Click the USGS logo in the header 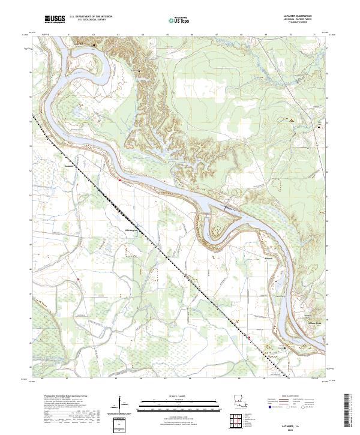[55, 20]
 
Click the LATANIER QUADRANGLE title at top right [299, 16]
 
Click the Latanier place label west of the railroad [71, 166]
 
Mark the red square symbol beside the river [119, 179]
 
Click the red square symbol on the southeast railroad [249, 338]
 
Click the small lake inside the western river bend [76, 112]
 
